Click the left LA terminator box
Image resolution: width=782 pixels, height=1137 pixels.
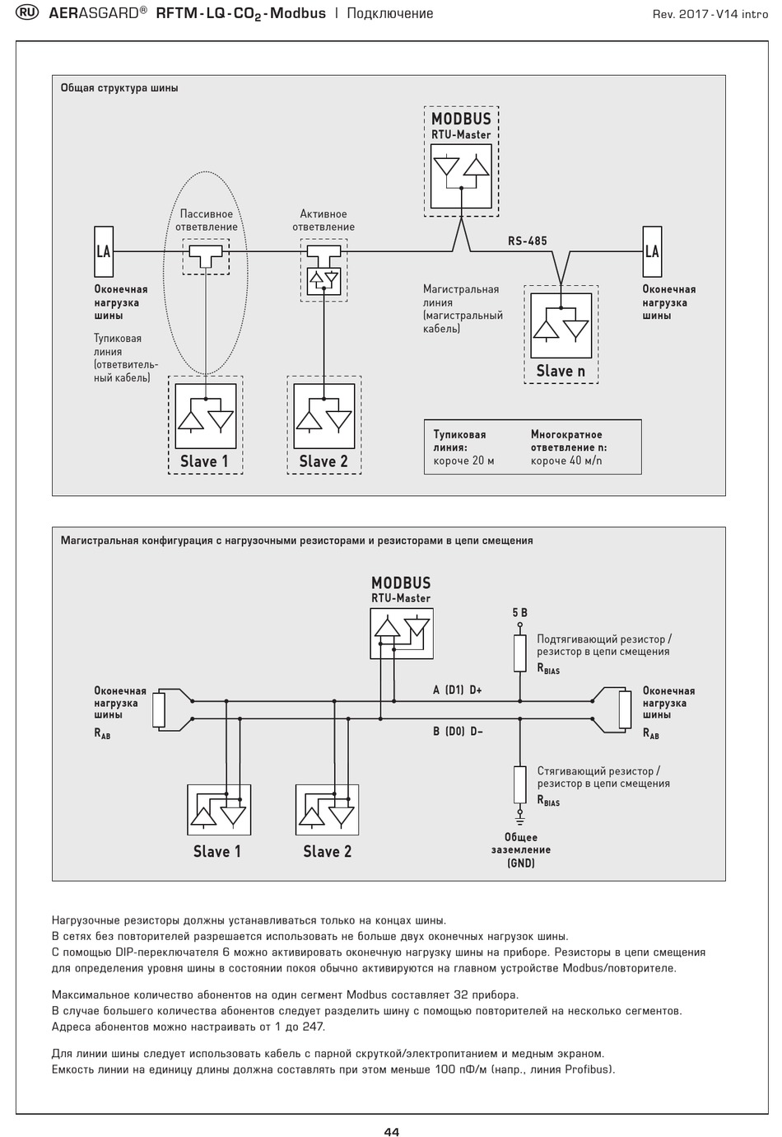coord(104,251)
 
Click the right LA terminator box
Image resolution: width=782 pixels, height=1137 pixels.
coord(652,251)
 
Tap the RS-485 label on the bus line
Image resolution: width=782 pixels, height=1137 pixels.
coord(528,241)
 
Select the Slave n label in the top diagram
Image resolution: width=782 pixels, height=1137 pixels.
coord(561,371)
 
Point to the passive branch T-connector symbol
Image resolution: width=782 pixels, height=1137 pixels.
coord(206,256)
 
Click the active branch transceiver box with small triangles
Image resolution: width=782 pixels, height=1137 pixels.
coord(324,282)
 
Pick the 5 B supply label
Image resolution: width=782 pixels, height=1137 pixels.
coord(519,613)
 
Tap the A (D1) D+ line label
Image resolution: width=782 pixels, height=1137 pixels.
coord(458,690)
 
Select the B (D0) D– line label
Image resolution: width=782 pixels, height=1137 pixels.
coord(458,732)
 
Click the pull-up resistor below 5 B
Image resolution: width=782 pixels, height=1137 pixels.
coord(519,653)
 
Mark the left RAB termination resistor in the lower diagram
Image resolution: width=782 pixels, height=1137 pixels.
coord(159,709)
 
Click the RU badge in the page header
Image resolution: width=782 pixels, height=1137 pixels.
coord(27,12)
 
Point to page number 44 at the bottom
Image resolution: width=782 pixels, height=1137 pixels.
coord(392,1131)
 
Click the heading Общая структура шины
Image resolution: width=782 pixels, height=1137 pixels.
coord(119,88)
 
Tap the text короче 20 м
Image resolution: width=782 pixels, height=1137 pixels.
coord(463,461)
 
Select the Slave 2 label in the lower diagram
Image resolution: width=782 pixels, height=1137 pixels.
coord(327,851)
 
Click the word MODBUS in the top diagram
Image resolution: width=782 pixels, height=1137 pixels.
coord(462,119)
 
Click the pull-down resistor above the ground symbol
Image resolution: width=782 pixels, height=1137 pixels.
coord(519,784)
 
